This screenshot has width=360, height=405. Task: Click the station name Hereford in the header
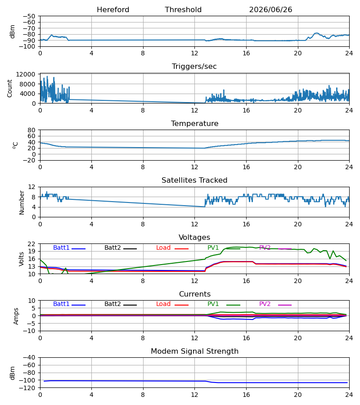[113, 10]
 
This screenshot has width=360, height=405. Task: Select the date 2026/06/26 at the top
[270, 10]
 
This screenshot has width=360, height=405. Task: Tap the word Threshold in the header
[183, 10]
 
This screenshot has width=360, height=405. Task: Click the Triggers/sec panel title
[194, 67]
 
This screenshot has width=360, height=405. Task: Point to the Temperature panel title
[194, 123]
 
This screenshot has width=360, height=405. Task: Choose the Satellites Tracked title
[194, 180]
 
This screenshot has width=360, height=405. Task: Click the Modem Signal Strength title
[194, 351]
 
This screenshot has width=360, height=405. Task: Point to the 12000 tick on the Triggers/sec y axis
[26, 74]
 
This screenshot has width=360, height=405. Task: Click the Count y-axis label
[10, 89]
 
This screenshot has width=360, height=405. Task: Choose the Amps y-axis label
[16, 316]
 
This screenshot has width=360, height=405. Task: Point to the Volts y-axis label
[22, 259]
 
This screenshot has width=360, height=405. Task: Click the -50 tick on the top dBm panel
[29, 16]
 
